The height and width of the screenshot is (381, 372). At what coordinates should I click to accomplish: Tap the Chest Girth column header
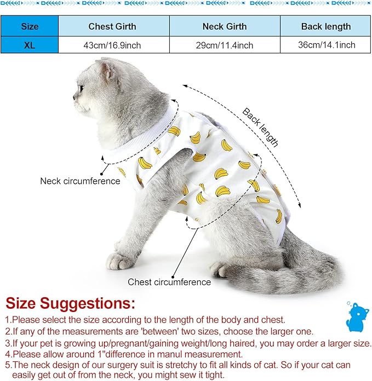coord(112,26)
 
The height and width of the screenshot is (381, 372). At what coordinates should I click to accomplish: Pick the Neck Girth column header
coord(224,26)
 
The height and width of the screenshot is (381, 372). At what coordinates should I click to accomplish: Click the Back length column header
coord(325,26)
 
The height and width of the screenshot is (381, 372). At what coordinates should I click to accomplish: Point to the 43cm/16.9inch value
coord(112,45)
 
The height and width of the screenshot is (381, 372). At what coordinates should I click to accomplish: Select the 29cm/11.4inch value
coord(224,45)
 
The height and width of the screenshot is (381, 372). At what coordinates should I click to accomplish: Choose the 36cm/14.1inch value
coord(325,45)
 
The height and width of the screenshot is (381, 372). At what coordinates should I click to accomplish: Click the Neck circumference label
coord(80,181)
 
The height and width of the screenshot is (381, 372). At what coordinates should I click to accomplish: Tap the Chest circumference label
coord(169,282)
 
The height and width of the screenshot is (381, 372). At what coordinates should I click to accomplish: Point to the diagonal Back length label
coord(261,128)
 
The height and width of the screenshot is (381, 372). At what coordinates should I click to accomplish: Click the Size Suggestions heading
coord(70,304)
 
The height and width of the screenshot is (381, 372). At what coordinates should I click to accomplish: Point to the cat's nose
coord(75,100)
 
